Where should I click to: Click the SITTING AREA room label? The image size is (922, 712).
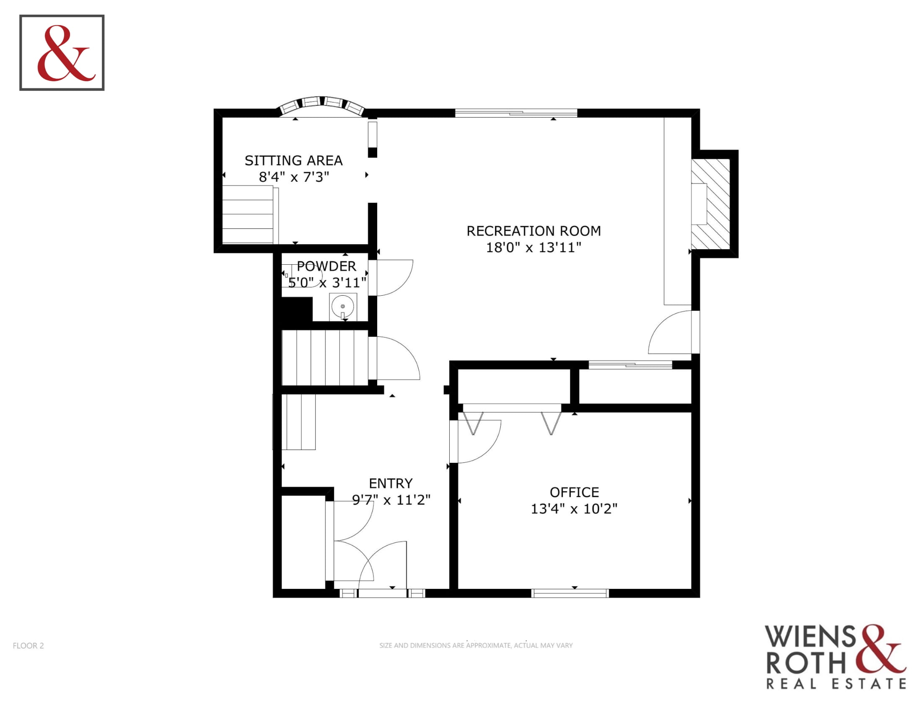click(x=294, y=161)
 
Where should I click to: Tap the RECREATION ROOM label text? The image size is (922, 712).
click(x=534, y=231)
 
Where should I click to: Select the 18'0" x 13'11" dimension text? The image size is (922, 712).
click(x=534, y=248)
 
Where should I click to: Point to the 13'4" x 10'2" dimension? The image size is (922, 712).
click(x=574, y=509)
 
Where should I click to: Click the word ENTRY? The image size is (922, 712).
click(x=391, y=483)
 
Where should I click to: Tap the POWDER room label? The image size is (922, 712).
click(x=326, y=266)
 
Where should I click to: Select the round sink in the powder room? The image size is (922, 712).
click(x=342, y=306)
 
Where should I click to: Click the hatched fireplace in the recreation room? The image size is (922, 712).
click(x=710, y=204)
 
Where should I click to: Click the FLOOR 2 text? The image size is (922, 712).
click(x=28, y=646)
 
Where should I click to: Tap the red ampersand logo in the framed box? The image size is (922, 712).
click(x=64, y=53)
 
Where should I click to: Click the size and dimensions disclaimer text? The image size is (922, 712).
click(x=476, y=645)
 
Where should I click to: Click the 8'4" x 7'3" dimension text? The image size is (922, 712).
click(x=294, y=177)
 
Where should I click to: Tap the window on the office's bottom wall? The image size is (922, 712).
click(x=570, y=593)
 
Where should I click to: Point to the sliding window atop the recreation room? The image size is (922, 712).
click(x=516, y=113)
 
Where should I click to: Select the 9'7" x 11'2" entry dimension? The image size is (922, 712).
click(x=391, y=500)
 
